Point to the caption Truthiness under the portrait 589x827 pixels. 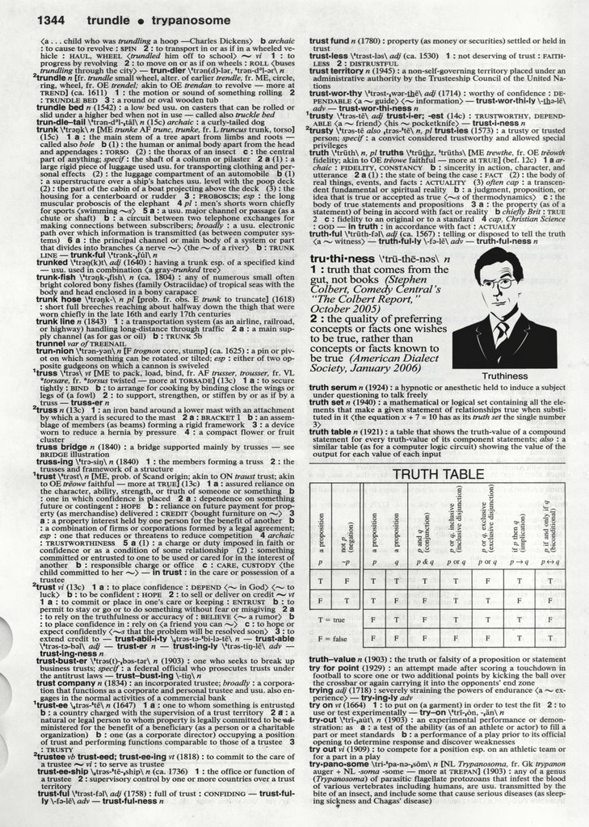click(503, 376)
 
